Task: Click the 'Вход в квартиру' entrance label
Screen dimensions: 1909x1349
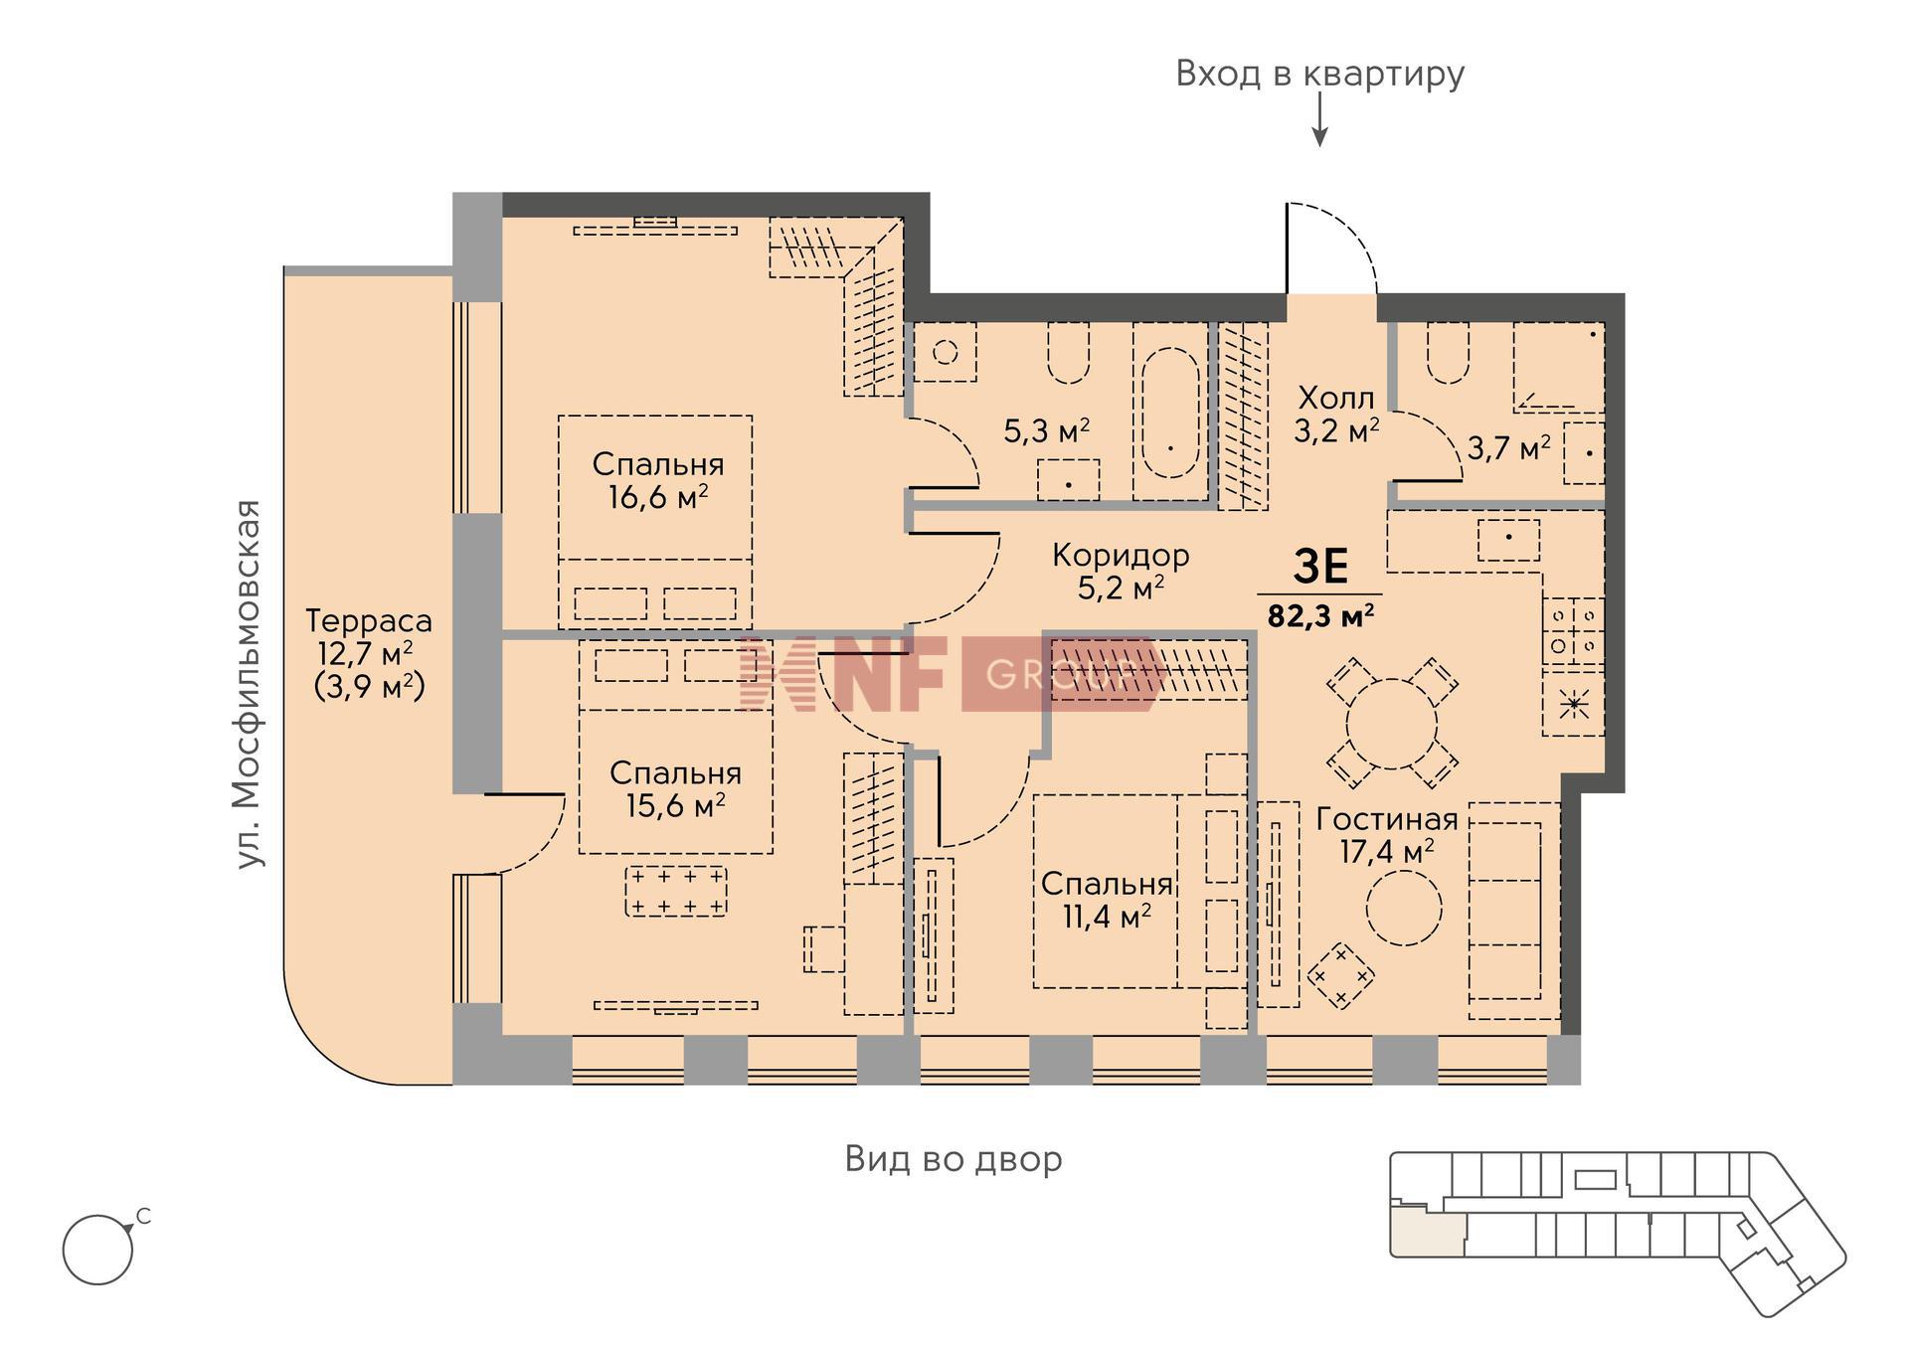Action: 1319,74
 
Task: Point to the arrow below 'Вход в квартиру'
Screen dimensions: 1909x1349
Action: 1319,124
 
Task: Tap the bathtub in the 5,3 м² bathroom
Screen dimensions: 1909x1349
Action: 1170,412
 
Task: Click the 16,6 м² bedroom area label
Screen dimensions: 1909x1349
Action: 658,496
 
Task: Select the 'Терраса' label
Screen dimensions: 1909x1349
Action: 369,620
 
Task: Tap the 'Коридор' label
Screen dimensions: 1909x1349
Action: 1121,555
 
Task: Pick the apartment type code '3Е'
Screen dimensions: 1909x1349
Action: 1320,567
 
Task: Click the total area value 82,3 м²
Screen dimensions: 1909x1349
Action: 1320,615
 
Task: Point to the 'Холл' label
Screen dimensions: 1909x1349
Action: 1336,399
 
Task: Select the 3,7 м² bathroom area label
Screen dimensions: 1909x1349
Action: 1508,448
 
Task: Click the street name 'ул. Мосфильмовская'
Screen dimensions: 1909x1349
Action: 249,684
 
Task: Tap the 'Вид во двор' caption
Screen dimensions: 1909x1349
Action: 954,1159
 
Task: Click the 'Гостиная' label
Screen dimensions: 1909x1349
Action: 1387,819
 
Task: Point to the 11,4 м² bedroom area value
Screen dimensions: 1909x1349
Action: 1107,916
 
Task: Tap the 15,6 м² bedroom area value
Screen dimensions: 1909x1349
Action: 675,804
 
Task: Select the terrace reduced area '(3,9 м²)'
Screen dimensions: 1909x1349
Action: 369,686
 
